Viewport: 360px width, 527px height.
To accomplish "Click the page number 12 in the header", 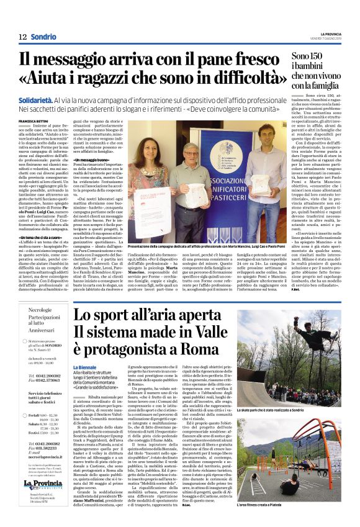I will (x=22, y=37).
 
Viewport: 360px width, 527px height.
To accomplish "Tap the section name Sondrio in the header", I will (x=44, y=37).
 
